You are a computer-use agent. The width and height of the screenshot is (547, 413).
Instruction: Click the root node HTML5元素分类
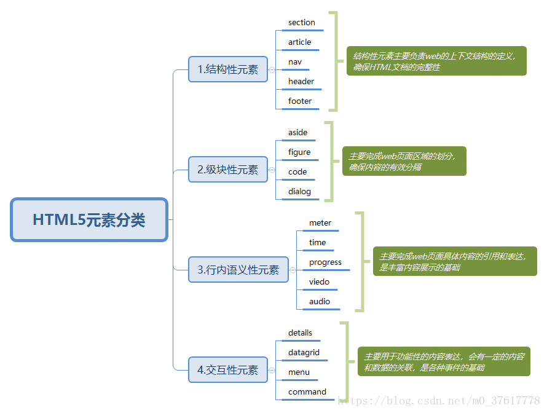click(x=89, y=220)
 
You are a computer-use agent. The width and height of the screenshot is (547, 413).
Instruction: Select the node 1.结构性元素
click(x=228, y=69)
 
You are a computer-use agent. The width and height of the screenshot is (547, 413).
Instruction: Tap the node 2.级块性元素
click(x=228, y=170)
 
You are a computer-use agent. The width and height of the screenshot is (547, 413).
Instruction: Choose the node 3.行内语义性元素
click(x=238, y=270)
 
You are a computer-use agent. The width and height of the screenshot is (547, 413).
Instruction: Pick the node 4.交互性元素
click(x=228, y=370)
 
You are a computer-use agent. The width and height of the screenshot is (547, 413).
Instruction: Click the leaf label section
click(x=302, y=23)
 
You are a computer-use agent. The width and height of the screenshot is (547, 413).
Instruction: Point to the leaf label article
click(x=300, y=42)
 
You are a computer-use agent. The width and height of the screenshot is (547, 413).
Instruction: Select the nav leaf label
click(x=295, y=62)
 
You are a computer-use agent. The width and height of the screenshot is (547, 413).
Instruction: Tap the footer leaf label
click(x=300, y=101)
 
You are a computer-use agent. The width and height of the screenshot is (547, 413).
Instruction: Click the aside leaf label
click(x=298, y=133)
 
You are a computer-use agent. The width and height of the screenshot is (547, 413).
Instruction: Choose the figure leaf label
click(x=299, y=152)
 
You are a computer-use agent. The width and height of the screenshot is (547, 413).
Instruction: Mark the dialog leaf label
click(x=300, y=192)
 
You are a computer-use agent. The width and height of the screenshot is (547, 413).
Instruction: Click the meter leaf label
click(x=320, y=223)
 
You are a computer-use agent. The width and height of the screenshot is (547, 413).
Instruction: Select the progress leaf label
click(x=325, y=262)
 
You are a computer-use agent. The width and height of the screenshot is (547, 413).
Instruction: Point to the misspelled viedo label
click(x=320, y=282)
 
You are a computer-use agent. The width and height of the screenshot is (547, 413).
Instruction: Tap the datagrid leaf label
click(x=304, y=353)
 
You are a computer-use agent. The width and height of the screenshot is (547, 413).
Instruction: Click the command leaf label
click(x=307, y=392)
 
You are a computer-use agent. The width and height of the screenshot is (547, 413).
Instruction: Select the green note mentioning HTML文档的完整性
click(x=436, y=61)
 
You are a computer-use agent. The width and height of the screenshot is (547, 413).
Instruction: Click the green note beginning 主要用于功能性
click(x=443, y=362)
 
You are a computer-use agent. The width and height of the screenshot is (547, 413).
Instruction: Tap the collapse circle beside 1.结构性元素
click(x=272, y=70)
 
